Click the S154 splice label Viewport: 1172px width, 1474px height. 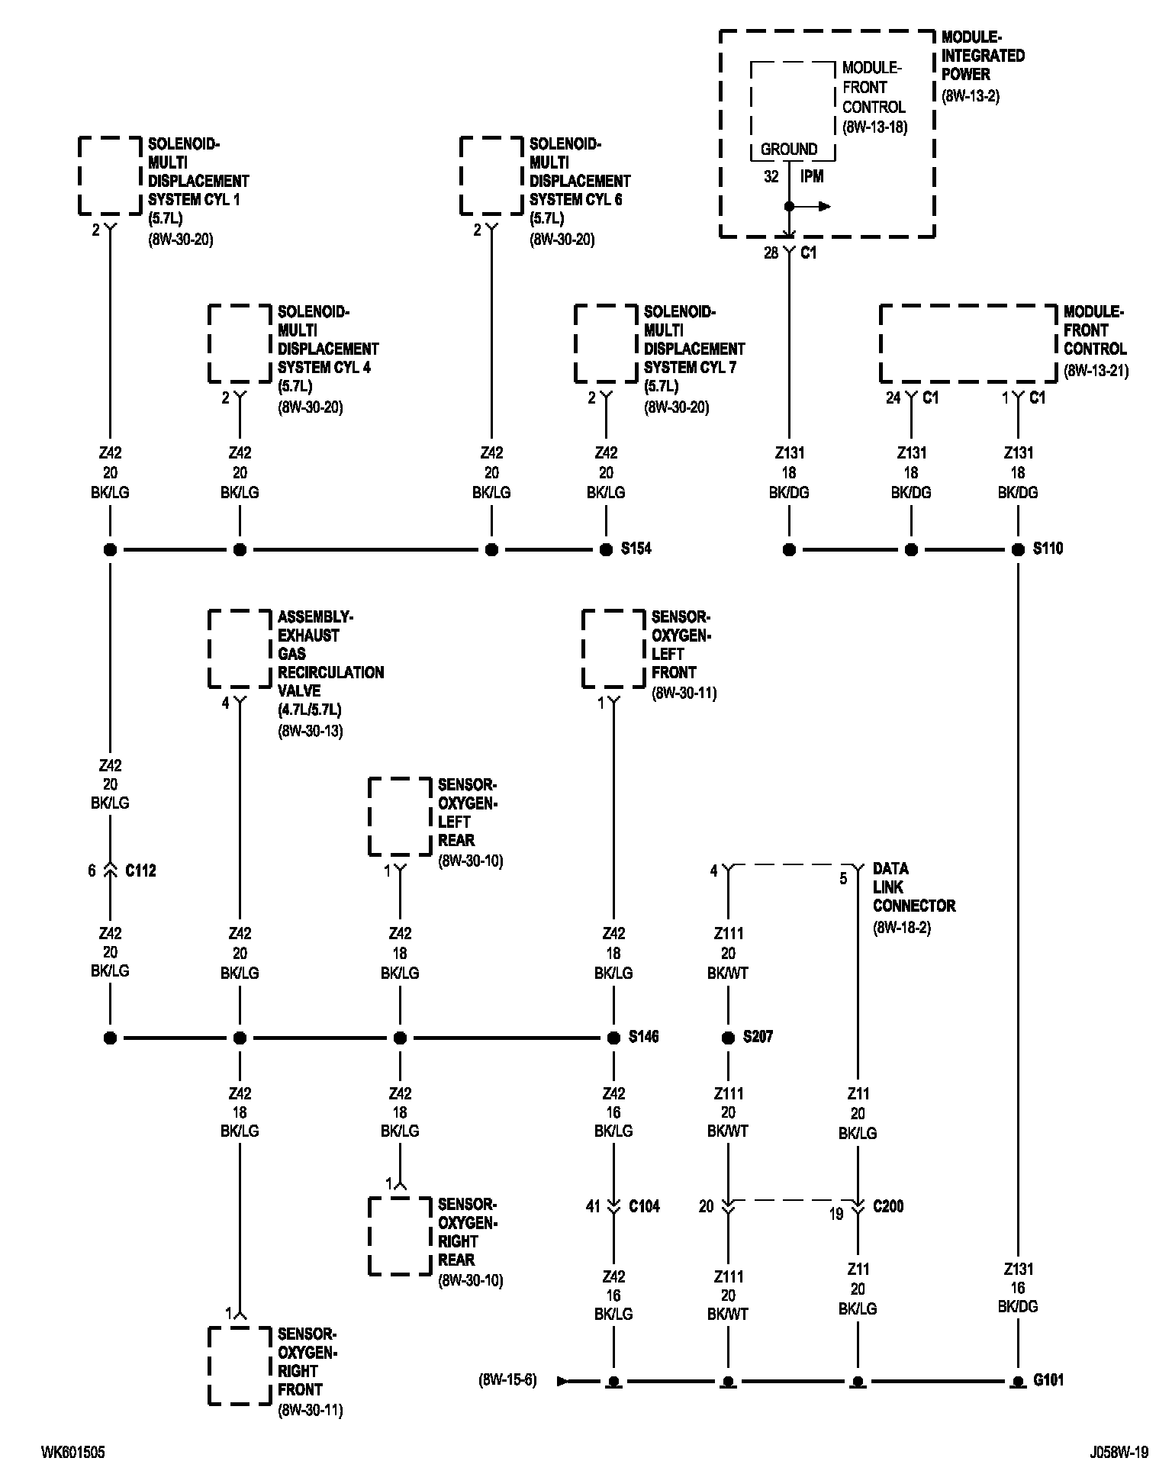(x=636, y=549)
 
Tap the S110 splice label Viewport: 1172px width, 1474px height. (x=1048, y=549)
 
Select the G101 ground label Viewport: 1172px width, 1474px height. (x=1048, y=1379)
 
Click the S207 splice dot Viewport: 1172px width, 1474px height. (x=728, y=1038)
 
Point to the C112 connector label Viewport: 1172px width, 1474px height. (x=140, y=871)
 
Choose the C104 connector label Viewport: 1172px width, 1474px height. (x=644, y=1206)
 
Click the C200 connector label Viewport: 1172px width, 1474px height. (x=888, y=1206)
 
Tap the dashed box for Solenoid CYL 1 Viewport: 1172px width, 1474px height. (x=110, y=175)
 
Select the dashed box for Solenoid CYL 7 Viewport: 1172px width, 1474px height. (x=606, y=343)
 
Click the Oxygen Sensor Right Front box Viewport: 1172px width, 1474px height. (x=240, y=1366)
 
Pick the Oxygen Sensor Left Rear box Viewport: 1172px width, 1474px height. (x=400, y=816)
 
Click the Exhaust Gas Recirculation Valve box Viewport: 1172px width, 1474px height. (x=240, y=648)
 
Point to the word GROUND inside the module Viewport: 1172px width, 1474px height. (x=789, y=150)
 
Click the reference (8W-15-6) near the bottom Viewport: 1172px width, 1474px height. (x=508, y=1379)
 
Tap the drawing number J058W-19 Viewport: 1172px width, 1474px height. (x=1119, y=1453)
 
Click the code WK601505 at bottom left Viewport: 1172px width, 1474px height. (x=73, y=1453)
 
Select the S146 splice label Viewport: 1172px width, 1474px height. (x=643, y=1037)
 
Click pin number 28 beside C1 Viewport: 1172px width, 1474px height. (x=771, y=253)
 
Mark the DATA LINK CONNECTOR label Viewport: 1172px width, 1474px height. (x=913, y=887)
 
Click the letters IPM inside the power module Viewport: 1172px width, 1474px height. (x=811, y=176)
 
